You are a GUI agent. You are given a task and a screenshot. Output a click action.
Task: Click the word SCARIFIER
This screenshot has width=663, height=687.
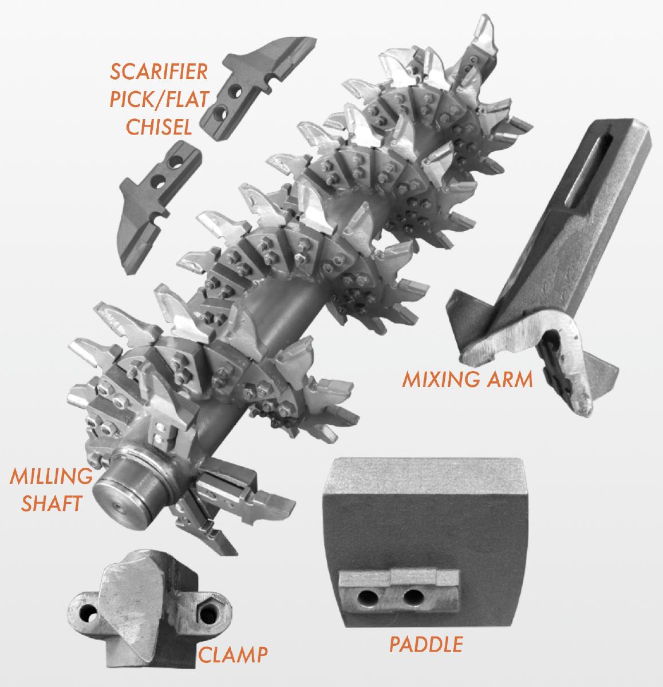click(159, 72)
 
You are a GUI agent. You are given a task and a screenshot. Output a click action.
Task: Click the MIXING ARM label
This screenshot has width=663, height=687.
click(467, 379)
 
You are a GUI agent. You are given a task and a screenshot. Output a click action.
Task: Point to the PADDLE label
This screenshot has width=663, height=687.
click(426, 644)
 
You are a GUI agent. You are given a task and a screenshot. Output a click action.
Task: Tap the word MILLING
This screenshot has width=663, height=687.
click(51, 476)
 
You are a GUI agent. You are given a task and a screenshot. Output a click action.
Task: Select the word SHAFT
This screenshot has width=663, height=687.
click(52, 503)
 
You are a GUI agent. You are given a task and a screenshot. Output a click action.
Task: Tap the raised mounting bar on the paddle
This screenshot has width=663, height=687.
click(399, 590)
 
